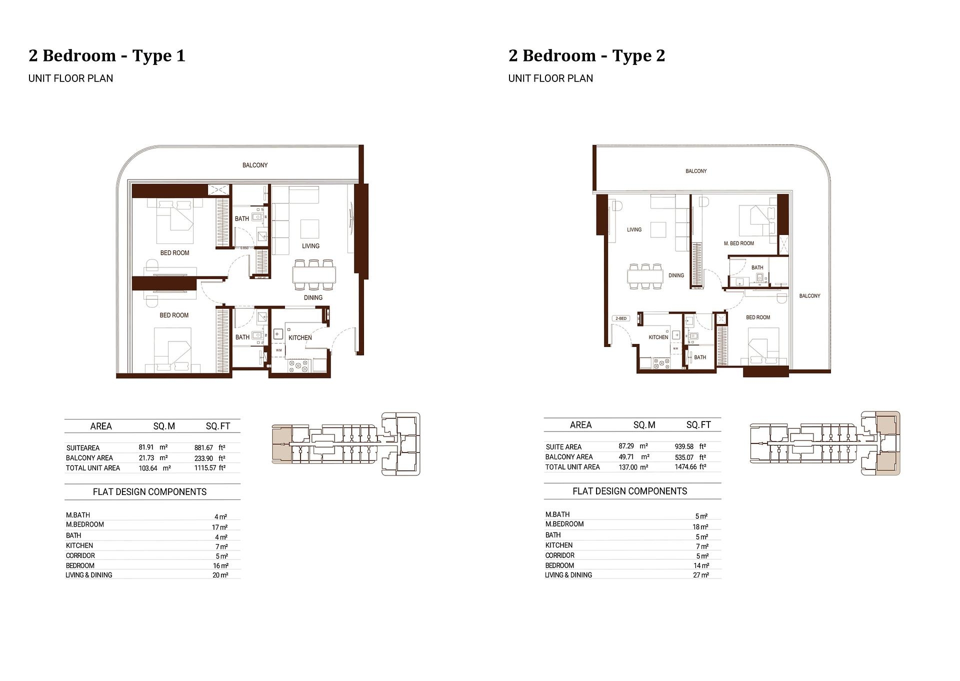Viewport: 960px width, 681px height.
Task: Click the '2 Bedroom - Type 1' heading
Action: [107, 55]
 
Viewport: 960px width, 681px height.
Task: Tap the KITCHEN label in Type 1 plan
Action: [300, 337]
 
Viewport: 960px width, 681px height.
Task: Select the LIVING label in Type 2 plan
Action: [634, 229]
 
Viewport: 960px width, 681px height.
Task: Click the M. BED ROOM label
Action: [738, 243]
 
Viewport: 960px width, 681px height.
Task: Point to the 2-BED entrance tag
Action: [620, 318]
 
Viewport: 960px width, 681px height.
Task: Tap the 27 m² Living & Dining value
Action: [701, 575]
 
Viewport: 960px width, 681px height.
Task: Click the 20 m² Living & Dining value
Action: [220, 575]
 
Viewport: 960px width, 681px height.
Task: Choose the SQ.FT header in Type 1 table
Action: [218, 426]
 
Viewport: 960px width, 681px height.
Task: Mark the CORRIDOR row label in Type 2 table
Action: [559, 555]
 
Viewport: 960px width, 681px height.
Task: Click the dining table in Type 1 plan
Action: [314, 274]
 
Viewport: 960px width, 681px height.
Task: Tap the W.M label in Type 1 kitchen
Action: [278, 350]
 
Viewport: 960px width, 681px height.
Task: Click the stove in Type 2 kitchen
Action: [661, 363]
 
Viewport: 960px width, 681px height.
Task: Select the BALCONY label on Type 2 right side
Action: [809, 296]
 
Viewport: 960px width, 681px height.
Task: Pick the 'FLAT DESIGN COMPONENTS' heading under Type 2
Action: [629, 491]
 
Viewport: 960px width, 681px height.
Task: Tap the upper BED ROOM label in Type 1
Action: [174, 253]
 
